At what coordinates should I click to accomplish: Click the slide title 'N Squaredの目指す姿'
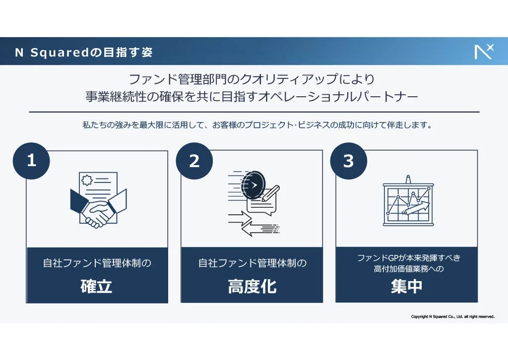[84, 52]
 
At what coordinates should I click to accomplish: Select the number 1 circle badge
[31, 161]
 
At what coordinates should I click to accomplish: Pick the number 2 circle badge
[194, 161]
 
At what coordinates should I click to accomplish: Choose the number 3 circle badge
[349, 161]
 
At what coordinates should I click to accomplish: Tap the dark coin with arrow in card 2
[252, 185]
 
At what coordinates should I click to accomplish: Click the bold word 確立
[97, 286]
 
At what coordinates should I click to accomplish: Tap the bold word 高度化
[252, 286]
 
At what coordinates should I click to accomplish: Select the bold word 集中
[406, 286]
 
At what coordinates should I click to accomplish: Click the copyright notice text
[452, 316]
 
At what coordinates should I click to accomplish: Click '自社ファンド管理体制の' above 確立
[97, 263]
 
